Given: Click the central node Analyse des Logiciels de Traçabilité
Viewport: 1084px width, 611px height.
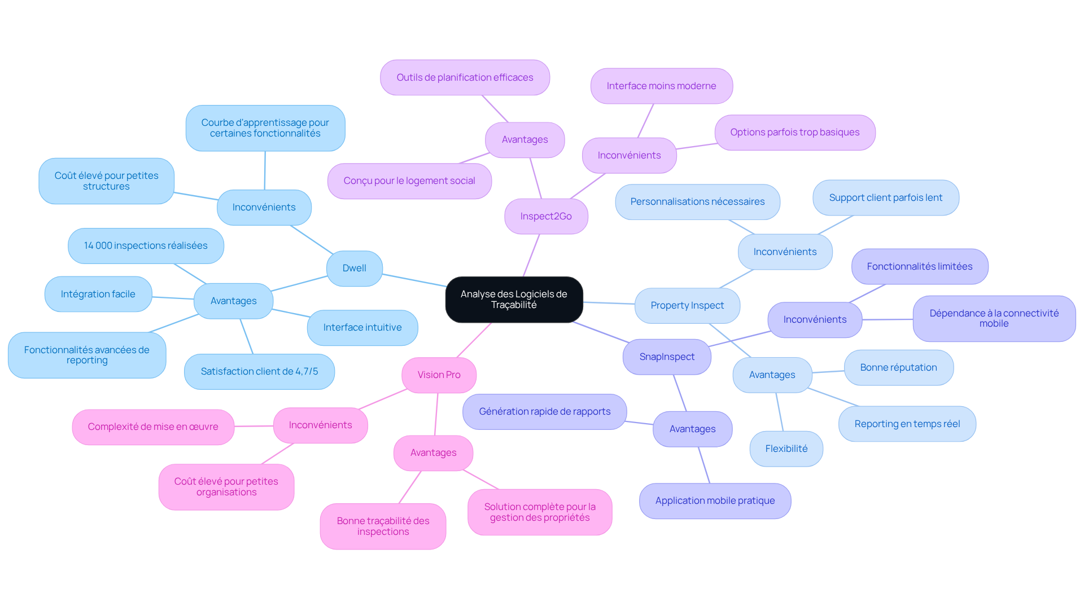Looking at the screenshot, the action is coord(514,300).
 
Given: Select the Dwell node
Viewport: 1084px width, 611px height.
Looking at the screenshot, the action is coord(355,269).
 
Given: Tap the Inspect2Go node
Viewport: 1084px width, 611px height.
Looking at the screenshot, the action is coord(546,217).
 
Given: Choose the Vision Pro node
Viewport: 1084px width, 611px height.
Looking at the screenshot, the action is coord(439,375).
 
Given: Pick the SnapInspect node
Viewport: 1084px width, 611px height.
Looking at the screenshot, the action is coord(667,357).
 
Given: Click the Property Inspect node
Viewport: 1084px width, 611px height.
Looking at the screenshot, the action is coord(687,306).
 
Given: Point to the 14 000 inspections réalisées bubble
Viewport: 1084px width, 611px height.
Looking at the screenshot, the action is coord(146,246).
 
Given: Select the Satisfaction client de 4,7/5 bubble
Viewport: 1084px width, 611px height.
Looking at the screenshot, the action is coord(259,372).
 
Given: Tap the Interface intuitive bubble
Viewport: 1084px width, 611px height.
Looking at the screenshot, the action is coord(362,328).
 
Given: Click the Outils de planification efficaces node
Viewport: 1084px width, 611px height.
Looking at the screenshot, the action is coord(465,78).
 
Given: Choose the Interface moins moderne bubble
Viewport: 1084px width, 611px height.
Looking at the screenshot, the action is coord(662,86).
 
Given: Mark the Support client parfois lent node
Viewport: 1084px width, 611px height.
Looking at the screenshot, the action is coord(886,198).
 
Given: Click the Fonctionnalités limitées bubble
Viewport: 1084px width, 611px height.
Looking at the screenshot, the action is coord(920,267).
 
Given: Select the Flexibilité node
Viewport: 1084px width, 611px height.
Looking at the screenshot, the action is coord(786,449).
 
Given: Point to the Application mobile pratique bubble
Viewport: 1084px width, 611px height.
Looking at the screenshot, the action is coord(715,501).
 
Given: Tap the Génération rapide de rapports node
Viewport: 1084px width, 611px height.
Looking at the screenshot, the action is coord(545,412).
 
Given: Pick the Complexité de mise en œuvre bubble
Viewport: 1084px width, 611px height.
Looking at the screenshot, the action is coord(153,427).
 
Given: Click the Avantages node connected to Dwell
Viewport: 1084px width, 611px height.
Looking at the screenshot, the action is coord(233,301).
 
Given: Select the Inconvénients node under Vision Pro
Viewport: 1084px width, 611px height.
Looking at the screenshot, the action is coord(321,425).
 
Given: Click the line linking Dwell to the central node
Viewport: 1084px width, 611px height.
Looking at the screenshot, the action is coord(414,280).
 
